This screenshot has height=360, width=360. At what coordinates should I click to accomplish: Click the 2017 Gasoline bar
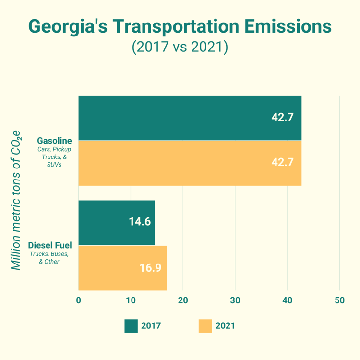click(190, 118)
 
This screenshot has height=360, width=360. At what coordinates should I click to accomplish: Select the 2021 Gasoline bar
click(190, 163)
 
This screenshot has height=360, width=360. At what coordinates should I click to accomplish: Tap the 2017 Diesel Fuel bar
click(116, 223)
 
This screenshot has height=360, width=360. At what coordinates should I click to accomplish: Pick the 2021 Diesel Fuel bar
click(122, 268)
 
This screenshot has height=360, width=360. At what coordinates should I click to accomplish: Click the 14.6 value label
click(140, 222)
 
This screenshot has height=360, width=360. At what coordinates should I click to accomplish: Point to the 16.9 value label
click(150, 267)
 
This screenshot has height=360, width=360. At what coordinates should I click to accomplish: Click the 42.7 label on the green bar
click(282, 117)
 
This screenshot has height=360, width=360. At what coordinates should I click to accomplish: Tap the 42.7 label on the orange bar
click(282, 162)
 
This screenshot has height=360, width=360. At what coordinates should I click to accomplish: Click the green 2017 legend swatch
click(131, 326)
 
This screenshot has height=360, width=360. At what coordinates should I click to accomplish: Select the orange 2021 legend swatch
click(205, 326)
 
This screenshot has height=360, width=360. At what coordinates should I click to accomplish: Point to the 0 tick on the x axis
click(79, 301)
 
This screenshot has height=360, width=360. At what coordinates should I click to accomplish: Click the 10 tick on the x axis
click(131, 301)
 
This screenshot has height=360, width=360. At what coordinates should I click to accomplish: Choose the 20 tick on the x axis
click(183, 301)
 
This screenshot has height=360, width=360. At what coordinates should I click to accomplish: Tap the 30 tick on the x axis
click(235, 301)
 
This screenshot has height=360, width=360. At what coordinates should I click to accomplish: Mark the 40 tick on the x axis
click(288, 301)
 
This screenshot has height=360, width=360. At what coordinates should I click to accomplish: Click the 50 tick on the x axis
click(339, 301)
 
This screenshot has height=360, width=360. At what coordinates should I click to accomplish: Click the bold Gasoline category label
click(54, 141)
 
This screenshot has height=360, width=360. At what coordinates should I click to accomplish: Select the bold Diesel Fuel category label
click(50, 245)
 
